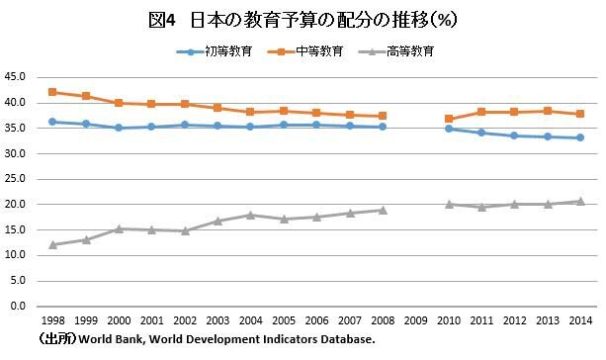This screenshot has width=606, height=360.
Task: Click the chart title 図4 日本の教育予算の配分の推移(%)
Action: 303,19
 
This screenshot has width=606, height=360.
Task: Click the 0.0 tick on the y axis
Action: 18,307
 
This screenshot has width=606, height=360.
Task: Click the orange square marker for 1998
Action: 51,92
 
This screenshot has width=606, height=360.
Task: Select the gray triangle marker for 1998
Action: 51,244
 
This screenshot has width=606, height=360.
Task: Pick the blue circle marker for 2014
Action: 579,137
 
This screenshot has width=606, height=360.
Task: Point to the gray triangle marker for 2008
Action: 382,210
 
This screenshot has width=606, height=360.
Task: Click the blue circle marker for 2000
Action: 118,128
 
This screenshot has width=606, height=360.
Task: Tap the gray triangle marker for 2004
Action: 249,215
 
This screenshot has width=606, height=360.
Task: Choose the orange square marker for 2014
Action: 579,114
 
